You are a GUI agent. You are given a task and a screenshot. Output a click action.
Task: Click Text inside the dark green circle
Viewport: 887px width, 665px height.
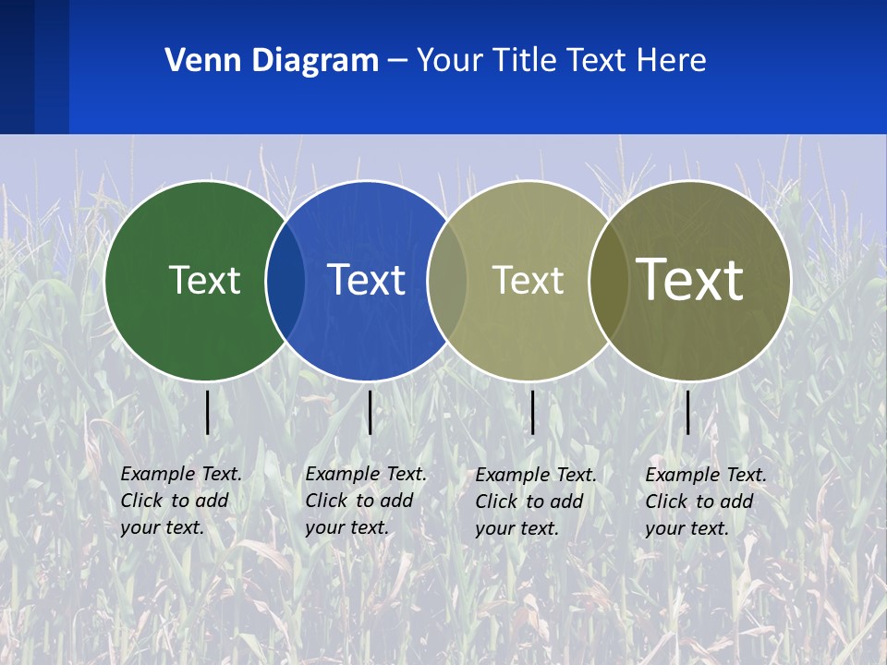pos(204,280)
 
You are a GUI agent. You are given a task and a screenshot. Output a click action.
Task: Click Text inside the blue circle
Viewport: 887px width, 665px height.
pos(367,280)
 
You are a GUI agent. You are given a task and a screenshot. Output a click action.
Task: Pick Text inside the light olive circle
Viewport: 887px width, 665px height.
pos(528,280)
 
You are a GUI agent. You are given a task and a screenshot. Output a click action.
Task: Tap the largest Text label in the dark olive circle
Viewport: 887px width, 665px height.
pos(690,279)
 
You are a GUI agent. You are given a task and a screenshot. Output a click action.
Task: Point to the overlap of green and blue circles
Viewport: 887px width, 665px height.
pos(286,280)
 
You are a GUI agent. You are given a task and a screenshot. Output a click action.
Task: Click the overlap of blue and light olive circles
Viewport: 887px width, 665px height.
pos(447,280)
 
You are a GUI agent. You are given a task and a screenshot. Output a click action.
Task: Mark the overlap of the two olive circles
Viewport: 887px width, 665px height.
pos(609,280)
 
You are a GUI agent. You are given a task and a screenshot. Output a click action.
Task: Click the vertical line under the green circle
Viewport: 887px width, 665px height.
pos(207,412)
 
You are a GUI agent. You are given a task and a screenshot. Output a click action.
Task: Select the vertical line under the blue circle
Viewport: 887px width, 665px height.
pos(370,412)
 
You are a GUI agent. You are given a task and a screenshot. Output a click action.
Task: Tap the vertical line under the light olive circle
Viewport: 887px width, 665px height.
pos(532,412)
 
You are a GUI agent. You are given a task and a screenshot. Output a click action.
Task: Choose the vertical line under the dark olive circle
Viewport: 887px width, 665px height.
pos(687,412)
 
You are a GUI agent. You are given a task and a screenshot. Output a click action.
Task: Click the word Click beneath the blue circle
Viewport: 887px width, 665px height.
pos(326,501)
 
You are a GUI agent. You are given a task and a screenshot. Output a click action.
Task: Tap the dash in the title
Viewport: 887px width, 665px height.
pos(397,61)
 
